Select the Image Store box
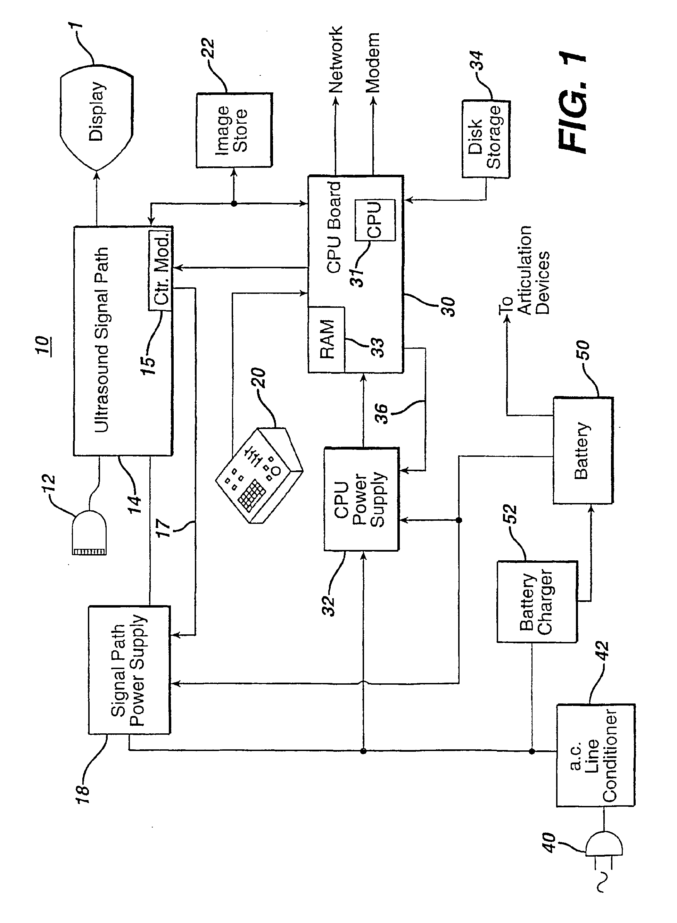(233, 130)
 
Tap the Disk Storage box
(486, 139)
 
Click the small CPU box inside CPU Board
(374, 220)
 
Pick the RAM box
(327, 339)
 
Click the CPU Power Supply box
(361, 499)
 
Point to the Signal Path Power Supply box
(129, 670)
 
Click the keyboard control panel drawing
(259, 476)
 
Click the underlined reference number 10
(42, 345)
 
